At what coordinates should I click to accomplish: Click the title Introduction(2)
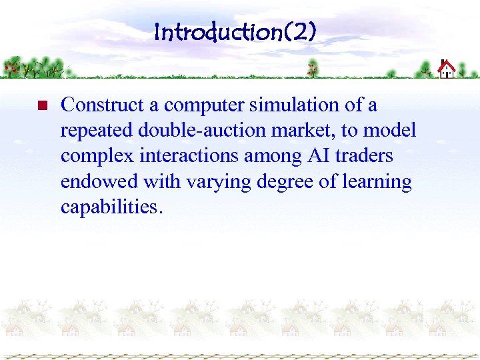[235, 31]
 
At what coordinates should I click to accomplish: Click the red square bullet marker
[40, 106]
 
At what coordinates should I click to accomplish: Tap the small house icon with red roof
[447, 69]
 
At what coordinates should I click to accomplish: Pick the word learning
[378, 182]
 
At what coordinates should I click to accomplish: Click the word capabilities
[111, 207]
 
